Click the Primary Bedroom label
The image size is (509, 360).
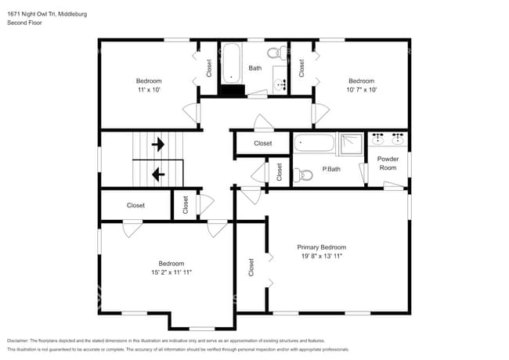[321, 247]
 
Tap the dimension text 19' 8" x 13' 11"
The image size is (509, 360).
[321, 256]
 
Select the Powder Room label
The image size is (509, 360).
[388, 163]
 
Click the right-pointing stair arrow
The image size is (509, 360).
[158, 144]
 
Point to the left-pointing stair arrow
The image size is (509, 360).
[158, 175]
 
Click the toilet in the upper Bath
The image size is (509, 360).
[277, 52]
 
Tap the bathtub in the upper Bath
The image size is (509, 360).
[232, 63]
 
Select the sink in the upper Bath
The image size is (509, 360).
[280, 85]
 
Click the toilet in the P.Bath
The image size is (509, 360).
[303, 175]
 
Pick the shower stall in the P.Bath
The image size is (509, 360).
[352, 144]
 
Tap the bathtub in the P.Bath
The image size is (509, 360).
[314, 143]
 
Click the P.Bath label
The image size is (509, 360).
[331, 169]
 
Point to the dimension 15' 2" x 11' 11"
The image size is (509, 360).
[171, 272]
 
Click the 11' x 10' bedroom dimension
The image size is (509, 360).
[149, 90]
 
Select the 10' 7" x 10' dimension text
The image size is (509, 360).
[361, 90]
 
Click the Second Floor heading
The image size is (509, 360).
[24, 23]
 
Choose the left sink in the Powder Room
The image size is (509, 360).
[377, 139]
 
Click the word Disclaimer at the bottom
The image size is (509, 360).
[17, 340]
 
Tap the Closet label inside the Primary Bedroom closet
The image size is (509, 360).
[251, 267]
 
